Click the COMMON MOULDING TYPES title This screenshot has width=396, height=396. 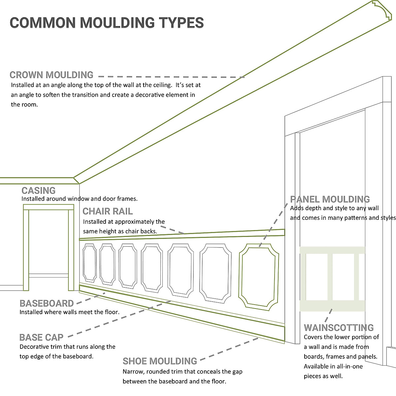107,22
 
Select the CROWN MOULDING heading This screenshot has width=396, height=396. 51,75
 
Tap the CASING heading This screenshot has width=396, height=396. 39,190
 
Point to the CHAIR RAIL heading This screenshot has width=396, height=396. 108,211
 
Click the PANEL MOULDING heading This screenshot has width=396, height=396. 330,199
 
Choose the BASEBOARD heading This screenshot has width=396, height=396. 47,303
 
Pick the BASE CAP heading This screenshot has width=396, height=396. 41,337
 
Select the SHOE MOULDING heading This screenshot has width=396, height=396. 160,361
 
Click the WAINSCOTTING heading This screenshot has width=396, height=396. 339,328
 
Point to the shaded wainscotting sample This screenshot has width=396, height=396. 332,279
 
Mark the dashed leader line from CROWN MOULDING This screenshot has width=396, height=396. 172,76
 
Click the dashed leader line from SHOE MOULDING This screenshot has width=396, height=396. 229,349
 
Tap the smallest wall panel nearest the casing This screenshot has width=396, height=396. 89,263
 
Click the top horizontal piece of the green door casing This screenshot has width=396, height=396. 49,207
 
